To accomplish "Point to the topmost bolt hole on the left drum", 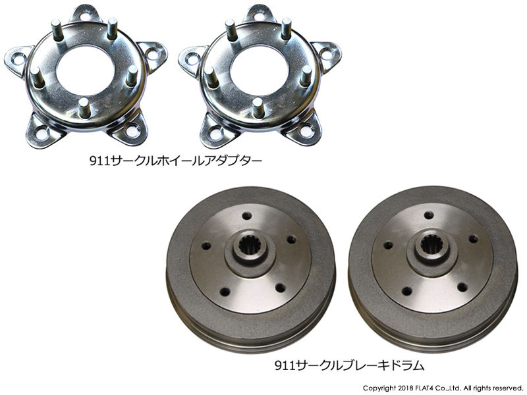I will (246, 215).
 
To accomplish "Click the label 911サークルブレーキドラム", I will (350, 363).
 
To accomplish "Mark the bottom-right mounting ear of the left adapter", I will (129, 130).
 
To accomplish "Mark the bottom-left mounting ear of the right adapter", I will (216, 130).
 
